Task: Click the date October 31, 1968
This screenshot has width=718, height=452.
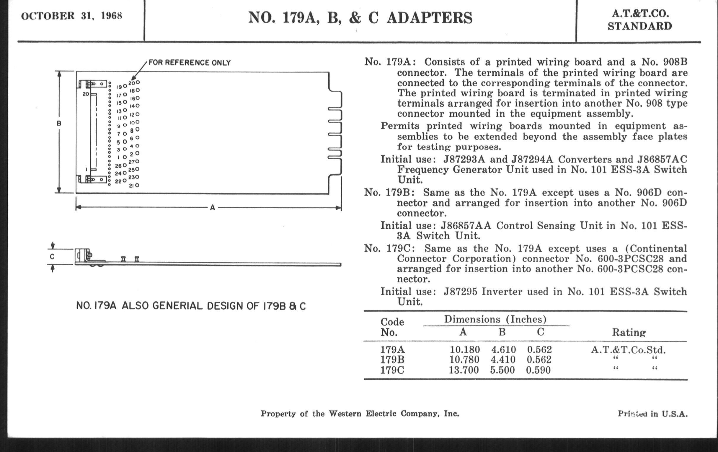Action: click(x=71, y=16)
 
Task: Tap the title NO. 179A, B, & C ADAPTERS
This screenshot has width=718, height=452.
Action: click(x=360, y=18)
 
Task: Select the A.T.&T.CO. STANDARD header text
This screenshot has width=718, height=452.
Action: click(x=640, y=20)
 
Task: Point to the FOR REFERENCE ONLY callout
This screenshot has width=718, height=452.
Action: click(x=190, y=63)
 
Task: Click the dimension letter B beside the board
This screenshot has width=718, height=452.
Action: click(x=59, y=123)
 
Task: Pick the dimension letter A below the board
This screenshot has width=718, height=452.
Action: click(x=212, y=208)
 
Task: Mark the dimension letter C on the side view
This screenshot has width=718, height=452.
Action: click(x=52, y=257)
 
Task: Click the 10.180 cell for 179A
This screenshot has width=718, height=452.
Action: click(x=465, y=349)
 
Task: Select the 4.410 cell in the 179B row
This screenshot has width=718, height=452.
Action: click(x=503, y=360)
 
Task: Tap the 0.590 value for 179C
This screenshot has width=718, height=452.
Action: click(x=538, y=370)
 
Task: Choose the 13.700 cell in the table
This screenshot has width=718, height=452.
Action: click(x=464, y=370)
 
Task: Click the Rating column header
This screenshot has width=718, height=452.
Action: click(x=629, y=332)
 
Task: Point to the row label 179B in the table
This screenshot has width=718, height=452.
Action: click(x=392, y=360)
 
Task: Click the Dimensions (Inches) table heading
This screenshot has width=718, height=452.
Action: click(x=495, y=319)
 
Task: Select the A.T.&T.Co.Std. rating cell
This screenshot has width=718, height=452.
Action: click(x=628, y=349)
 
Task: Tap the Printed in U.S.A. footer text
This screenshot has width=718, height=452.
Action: click(x=652, y=414)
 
